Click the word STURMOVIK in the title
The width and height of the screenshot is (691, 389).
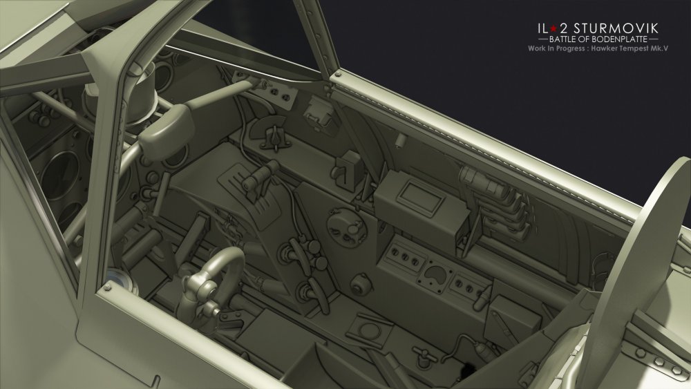point(618,28)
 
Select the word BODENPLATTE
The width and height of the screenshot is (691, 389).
point(621,39)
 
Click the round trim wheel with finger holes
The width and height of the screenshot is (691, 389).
point(347,227)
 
